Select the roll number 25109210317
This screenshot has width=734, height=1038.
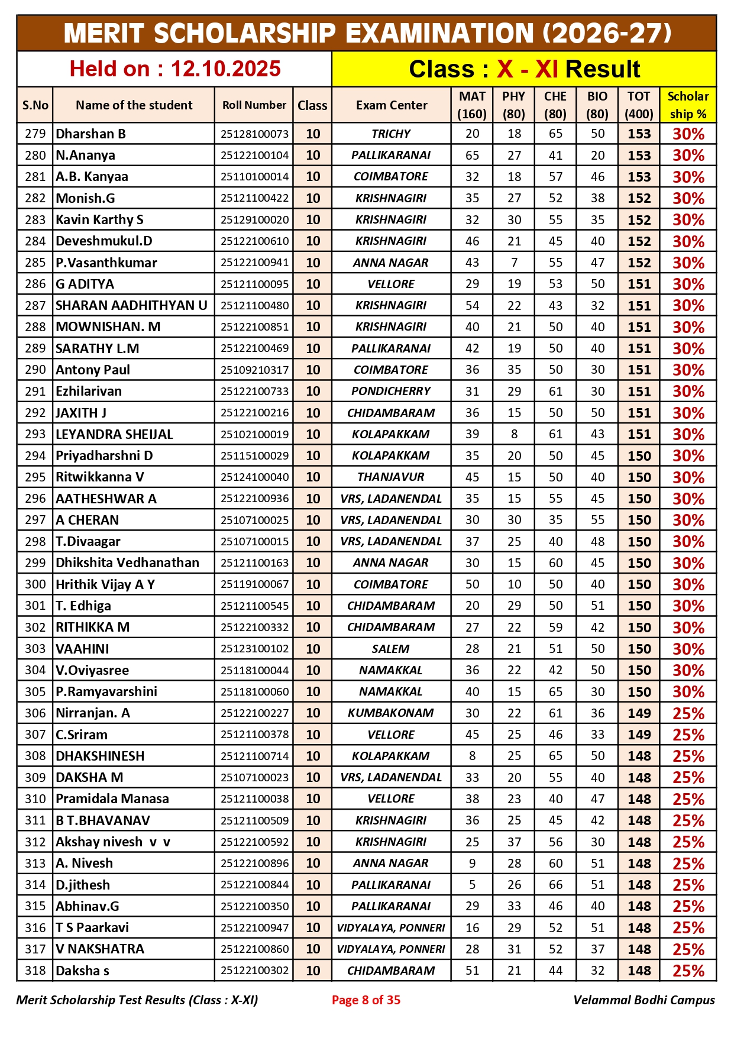(254, 370)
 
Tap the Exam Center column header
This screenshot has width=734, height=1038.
(391, 105)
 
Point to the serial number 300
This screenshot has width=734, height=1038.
(35, 584)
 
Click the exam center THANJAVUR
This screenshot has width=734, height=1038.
(391, 477)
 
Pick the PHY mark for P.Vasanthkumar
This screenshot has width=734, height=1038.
(514, 263)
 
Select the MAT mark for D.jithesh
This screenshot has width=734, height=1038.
(472, 885)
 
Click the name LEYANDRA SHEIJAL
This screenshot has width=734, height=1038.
(114, 434)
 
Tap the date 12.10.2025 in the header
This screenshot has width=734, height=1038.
(225, 69)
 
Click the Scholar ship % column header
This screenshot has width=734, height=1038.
(688, 105)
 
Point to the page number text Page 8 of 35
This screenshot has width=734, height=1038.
(366, 1000)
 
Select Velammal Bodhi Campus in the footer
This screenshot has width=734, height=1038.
(644, 1000)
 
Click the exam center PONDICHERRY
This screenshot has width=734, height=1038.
(391, 391)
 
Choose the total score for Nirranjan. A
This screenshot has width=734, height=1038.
(639, 713)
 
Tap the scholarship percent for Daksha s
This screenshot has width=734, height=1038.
(688, 971)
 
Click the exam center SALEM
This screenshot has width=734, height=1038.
(391, 649)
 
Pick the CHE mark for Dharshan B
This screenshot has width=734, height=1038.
(555, 134)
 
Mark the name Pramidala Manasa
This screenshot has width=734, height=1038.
(112, 799)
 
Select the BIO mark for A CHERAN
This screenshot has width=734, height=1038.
(597, 520)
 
